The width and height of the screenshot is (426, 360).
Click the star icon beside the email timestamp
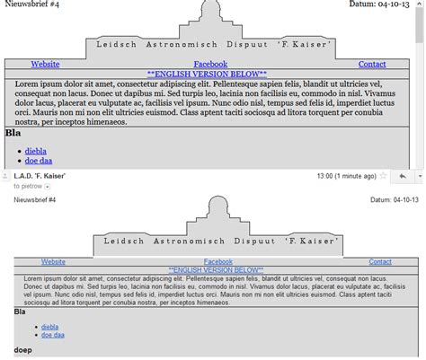click(x=384, y=177)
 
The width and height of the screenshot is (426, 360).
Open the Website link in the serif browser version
click(x=45, y=65)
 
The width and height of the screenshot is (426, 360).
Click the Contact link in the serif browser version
click(x=372, y=65)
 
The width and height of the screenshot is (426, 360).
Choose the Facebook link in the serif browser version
click(x=210, y=65)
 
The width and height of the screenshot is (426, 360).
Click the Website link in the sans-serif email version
click(x=53, y=261)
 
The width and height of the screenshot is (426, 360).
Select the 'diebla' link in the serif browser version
click(x=36, y=151)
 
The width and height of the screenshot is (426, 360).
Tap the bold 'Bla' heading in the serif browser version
click(x=13, y=133)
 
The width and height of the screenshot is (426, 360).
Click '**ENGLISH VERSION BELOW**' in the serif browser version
click(x=212, y=75)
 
